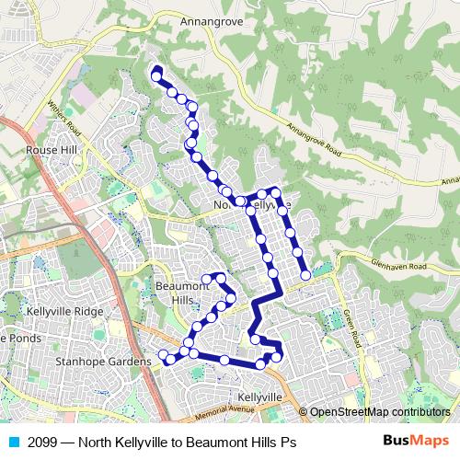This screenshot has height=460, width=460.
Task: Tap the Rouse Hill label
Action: pyautogui.click(x=53, y=149)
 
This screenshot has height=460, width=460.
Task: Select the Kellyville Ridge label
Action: pyautogui.click(x=64, y=312)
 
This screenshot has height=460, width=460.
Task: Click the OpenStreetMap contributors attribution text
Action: pyautogui.click(x=379, y=412)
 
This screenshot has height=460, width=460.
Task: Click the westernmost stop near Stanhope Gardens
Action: pyautogui.click(x=163, y=356)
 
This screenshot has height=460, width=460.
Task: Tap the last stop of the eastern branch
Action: pyautogui.click(x=305, y=274)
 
